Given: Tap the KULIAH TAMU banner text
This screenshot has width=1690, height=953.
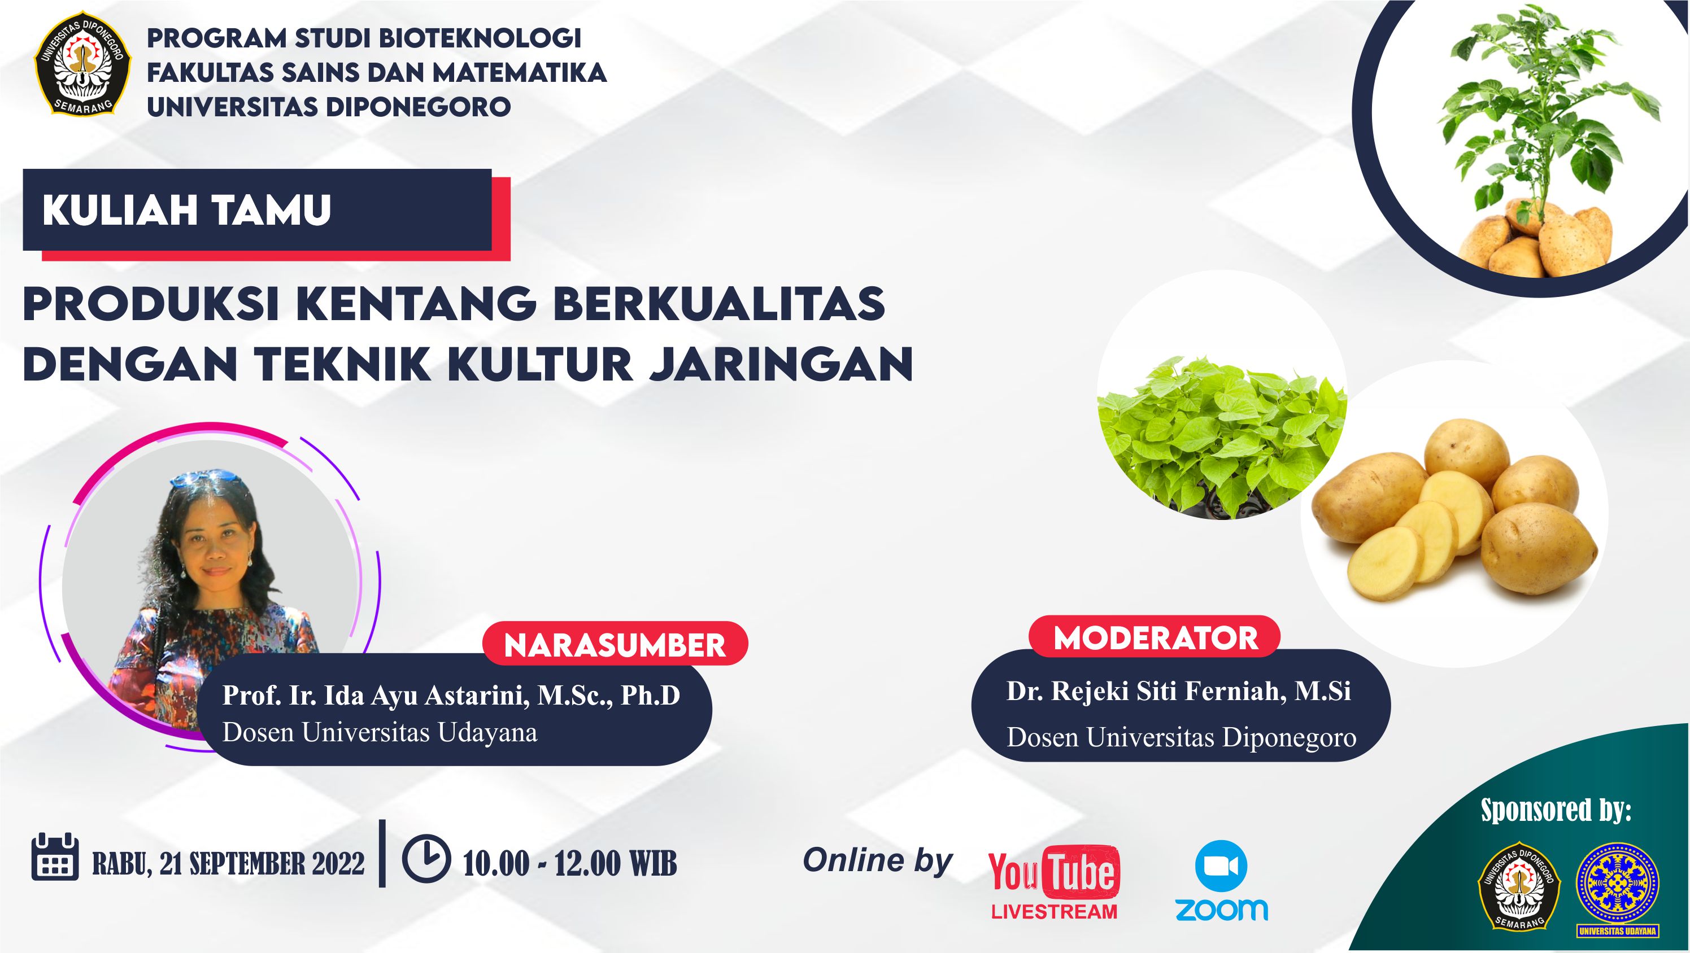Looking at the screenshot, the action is [187, 211].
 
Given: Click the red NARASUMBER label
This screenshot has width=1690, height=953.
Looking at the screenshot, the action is [615, 645].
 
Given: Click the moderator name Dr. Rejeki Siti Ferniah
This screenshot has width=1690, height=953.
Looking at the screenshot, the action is [1145, 691].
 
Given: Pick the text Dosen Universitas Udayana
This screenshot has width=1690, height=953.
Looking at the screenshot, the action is [380, 732].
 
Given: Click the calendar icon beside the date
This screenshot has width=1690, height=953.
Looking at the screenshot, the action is [55, 857].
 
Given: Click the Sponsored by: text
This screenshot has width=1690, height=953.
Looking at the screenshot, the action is [1556, 810].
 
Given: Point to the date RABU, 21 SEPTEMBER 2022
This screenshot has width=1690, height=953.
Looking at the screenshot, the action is [228, 863].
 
